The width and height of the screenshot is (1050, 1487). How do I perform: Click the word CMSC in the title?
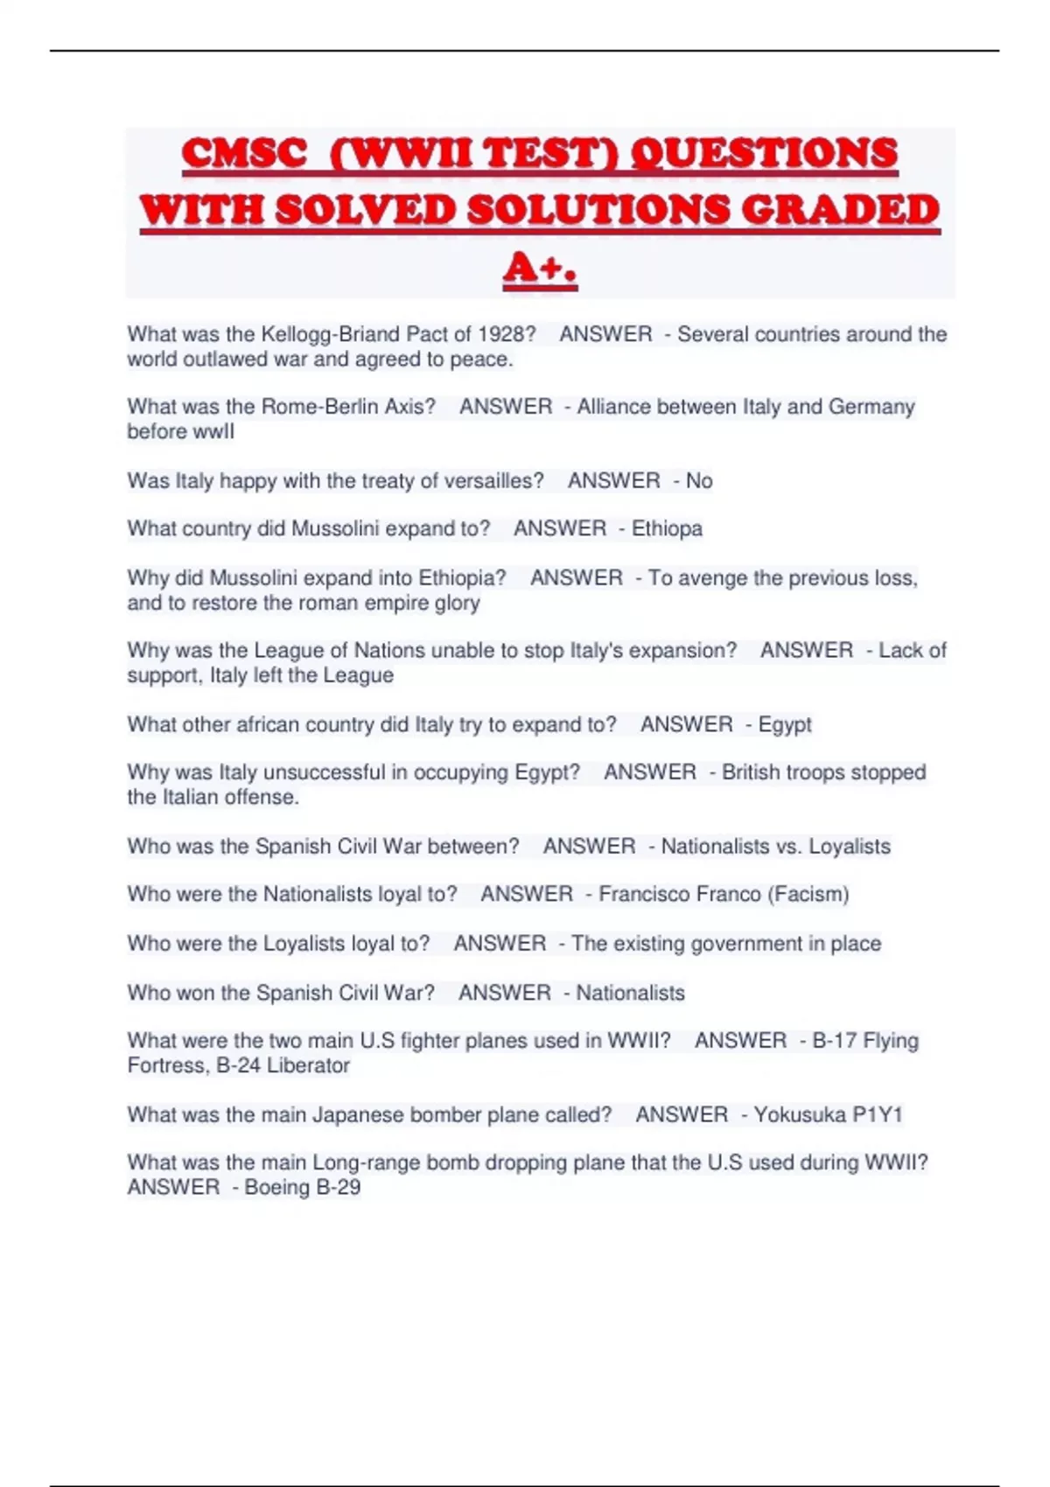coord(244,154)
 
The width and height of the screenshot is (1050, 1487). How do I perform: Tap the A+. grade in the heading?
coord(540,268)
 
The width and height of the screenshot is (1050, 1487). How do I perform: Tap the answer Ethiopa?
coord(667,528)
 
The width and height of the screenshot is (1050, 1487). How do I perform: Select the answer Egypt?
coord(785,724)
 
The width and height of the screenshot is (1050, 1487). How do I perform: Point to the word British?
coord(751,772)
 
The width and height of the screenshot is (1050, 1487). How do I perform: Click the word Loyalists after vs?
coord(849,847)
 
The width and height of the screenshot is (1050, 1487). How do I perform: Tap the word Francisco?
coord(642,894)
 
